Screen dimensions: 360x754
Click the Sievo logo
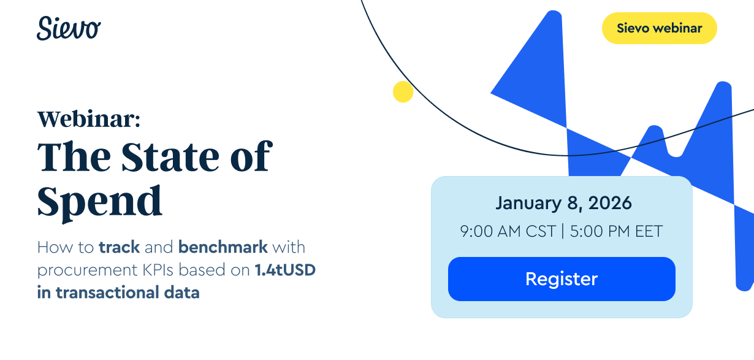point(69,28)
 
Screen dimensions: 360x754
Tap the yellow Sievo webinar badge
point(659,28)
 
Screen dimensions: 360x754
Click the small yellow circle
point(403,91)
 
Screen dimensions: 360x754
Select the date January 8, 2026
point(563,202)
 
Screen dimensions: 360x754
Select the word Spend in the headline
point(100,200)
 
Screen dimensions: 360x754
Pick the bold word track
point(120,248)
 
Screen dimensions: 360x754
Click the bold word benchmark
point(223,248)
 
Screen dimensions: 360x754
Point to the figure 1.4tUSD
point(285,270)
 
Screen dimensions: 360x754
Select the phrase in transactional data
point(118,293)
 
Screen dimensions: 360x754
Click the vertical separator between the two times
point(562,232)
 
